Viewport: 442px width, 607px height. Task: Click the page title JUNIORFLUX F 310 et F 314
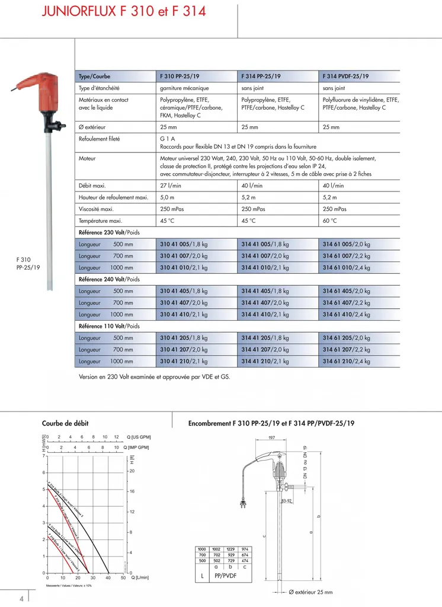pyautogui.click(x=123, y=11)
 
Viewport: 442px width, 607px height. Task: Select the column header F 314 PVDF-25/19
pyautogui.click(x=345, y=76)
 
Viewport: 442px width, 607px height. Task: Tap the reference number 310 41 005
pyautogui.click(x=175, y=244)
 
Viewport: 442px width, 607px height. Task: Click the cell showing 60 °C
pyautogui.click(x=330, y=221)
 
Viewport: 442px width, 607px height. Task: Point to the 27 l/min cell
pyautogui.click(x=171, y=186)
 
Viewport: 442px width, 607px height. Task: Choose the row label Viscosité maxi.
pyautogui.click(x=97, y=209)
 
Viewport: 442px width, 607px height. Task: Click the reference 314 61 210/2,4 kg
pyautogui.click(x=346, y=361)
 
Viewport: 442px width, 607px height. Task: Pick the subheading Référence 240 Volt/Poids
pyautogui.click(x=109, y=279)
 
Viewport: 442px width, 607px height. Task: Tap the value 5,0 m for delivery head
pyautogui.click(x=167, y=197)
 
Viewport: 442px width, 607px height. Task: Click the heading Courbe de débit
pyautogui.click(x=66, y=423)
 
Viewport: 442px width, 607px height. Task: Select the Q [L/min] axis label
pyautogui.click(x=140, y=577)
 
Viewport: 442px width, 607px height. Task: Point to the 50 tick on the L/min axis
pyautogui.click(x=123, y=577)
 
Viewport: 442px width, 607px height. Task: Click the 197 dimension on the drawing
pyautogui.click(x=271, y=437)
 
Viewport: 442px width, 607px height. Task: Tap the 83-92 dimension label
pyautogui.click(x=287, y=501)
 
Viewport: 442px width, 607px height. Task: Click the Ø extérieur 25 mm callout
pyautogui.click(x=310, y=592)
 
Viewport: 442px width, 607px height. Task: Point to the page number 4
pyautogui.click(x=22, y=598)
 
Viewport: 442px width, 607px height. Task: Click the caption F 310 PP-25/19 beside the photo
pyautogui.click(x=28, y=263)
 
